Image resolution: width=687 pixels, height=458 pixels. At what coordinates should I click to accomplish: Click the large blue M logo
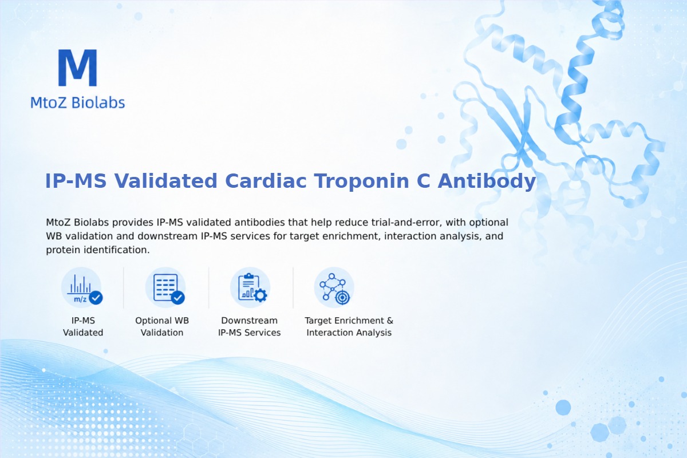click(x=78, y=68)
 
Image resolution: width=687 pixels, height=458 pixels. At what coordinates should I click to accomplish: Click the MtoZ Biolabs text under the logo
click(x=78, y=102)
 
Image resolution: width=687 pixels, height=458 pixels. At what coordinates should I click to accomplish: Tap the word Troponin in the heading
click(x=361, y=181)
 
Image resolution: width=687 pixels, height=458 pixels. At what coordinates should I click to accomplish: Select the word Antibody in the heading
click(x=487, y=181)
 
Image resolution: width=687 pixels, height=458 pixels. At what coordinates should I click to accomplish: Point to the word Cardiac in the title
click(x=266, y=181)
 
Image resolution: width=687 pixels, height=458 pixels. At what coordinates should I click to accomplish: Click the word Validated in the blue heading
click(x=166, y=181)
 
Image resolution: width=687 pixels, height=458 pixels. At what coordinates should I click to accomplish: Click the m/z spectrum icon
click(x=81, y=287)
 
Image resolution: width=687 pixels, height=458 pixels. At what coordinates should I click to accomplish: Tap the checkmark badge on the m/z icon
click(x=96, y=298)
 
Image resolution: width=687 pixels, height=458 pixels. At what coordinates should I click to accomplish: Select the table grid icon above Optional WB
click(x=165, y=287)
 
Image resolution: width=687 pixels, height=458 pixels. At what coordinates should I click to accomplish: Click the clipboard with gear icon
click(x=250, y=287)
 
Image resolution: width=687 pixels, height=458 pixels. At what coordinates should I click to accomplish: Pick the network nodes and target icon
click(x=334, y=287)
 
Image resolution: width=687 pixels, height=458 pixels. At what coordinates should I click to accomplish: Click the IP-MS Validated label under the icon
click(x=83, y=326)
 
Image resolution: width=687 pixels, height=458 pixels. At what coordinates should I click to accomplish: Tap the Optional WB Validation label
click(x=162, y=326)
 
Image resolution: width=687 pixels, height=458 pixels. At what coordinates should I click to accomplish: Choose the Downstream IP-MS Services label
click(x=250, y=326)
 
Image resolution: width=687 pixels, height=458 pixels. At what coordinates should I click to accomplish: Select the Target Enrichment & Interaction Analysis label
click(x=349, y=326)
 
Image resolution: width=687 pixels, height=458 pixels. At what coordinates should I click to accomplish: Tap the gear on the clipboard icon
click(x=260, y=295)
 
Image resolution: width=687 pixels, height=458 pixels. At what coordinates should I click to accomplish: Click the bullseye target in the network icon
click(x=342, y=297)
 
